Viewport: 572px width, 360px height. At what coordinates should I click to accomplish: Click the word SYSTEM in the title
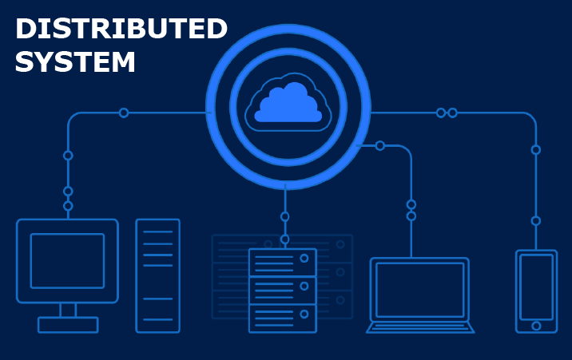(75, 62)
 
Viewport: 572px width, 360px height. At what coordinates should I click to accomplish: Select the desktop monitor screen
(67, 260)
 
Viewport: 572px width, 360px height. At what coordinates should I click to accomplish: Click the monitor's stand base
(68, 325)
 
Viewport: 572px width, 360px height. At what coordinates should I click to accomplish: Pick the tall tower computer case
(157, 275)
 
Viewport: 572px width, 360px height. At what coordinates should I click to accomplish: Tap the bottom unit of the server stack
(283, 318)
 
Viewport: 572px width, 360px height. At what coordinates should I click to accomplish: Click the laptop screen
(419, 290)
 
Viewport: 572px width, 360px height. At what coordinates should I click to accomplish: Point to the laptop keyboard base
(420, 327)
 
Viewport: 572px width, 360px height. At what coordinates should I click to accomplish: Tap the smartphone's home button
(536, 326)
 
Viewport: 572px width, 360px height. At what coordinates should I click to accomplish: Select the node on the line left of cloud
(124, 113)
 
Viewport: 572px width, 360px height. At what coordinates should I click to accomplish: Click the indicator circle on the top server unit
(304, 259)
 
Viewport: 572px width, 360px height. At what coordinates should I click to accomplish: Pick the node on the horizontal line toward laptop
(380, 145)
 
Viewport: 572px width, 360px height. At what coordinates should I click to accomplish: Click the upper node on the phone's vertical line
(536, 149)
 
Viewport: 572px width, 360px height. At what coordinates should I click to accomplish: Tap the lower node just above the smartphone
(536, 220)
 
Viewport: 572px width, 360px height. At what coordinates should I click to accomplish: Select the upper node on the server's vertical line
(284, 216)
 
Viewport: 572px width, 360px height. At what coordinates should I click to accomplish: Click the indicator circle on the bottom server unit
(304, 314)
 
